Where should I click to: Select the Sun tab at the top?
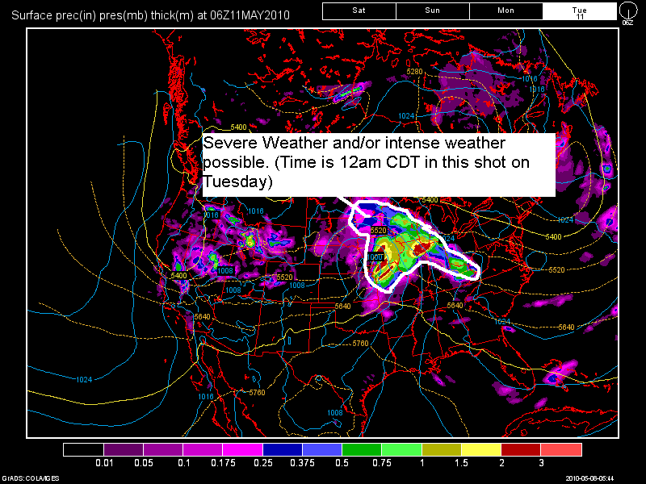(432, 10)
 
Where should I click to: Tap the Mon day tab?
(505, 10)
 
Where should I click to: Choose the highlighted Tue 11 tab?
(579, 10)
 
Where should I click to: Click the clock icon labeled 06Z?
(628, 11)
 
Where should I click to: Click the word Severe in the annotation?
(225, 144)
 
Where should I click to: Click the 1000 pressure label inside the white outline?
(375, 257)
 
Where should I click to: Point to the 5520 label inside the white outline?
(379, 231)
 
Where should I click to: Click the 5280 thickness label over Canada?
(414, 72)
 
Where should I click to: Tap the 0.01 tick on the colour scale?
(103, 464)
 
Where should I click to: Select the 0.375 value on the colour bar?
(303, 464)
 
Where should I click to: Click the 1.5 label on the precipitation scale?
(462, 464)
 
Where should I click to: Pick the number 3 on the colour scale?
(542, 464)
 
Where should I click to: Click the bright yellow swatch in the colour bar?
(481, 449)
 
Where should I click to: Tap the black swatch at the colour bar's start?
(83, 449)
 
